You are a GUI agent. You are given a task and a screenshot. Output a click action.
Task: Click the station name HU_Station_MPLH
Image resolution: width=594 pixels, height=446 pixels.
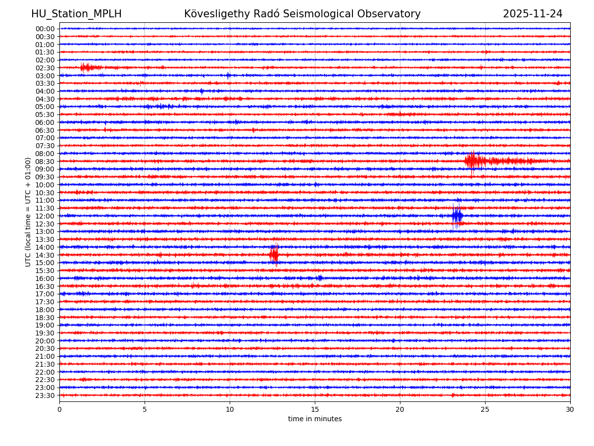tap(76, 14)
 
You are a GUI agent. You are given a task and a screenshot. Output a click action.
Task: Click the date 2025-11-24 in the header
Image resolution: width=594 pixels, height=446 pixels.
tap(533, 14)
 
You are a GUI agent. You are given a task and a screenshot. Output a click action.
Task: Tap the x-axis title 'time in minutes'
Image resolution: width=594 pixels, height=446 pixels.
tap(315, 419)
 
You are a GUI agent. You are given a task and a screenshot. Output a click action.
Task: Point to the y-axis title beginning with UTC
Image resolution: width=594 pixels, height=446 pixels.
tap(28, 212)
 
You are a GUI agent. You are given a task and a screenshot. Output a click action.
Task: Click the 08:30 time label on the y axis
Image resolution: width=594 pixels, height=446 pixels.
tap(45, 162)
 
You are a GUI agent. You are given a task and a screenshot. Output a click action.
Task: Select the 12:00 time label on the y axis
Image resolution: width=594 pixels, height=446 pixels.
tap(45, 216)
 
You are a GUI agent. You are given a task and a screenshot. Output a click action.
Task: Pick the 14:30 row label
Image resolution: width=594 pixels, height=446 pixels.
tap(45, 255)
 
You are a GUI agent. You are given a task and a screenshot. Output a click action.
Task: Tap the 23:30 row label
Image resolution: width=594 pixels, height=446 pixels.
tap(45, 395)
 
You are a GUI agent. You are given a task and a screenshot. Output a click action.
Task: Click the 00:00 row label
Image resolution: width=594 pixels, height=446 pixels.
tap(45, 29)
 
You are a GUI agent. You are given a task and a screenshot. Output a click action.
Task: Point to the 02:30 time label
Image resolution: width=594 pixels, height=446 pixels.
tap(45, 68)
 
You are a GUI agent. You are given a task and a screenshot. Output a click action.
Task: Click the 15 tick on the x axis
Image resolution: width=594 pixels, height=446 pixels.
tap(315, 410)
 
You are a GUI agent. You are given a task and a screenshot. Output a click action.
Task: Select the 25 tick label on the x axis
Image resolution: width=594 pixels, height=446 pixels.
tap(485, 410)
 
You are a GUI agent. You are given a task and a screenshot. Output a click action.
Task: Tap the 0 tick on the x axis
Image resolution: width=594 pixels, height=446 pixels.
tap(59, 410)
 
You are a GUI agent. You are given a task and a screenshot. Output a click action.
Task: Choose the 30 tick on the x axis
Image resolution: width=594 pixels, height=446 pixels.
tap(570, 410)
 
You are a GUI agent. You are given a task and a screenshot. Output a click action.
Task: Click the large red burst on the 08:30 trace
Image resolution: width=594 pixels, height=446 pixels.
tap(473, 161)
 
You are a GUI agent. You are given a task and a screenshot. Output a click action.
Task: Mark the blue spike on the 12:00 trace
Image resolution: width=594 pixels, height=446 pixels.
tap(457, 216)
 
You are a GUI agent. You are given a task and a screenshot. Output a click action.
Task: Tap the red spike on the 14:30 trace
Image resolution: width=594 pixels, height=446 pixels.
tap(274, 255)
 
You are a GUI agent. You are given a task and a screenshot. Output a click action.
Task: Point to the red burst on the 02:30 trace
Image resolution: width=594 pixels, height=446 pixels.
tap(87, 67)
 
